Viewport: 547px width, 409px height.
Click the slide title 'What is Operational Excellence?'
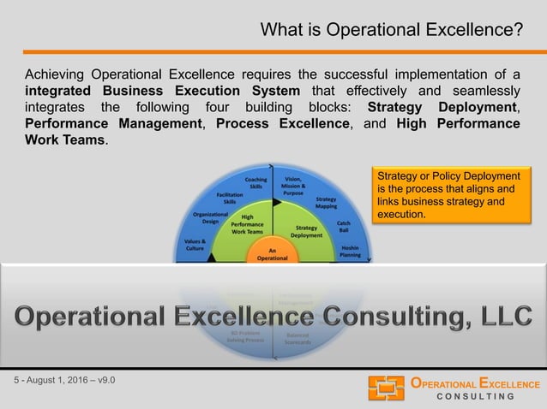click(392, 31)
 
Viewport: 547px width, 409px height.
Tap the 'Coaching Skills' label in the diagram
click(255, 184)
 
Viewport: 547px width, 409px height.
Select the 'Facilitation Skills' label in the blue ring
click(230, 199)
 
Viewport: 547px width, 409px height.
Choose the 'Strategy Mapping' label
click(326, 203)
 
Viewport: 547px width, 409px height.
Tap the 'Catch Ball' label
click(343, 225)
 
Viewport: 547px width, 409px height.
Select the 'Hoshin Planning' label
click(350, 250)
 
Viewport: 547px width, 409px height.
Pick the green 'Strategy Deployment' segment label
click(306, 231)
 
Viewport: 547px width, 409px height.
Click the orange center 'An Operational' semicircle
click(273, 253)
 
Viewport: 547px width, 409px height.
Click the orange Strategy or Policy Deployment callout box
click(444, 196)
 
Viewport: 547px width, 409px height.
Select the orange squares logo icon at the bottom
click(386, 388)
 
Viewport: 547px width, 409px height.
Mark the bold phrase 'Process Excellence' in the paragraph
click(284, 123)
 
